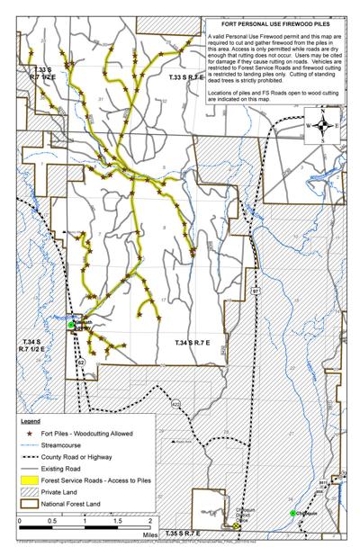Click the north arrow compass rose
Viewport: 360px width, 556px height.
click(321, 127)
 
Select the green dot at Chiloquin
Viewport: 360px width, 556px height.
click(293, 513)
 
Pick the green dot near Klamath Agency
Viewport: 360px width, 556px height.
click(73, 326)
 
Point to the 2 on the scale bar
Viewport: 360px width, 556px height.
click(149, 521)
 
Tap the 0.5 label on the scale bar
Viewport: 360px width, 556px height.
click(53, 521)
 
